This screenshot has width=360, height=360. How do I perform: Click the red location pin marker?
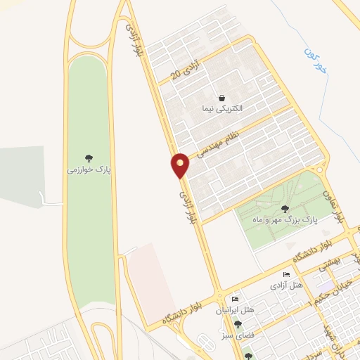[x=181, y=165]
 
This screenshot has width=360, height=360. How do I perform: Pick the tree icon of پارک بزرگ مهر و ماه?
[x=285, y=208]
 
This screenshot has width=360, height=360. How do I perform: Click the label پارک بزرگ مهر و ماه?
[x=285, y=219]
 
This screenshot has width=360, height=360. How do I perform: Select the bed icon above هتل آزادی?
[x=285, y=274]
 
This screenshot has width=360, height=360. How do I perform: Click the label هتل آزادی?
[x=285, y=285]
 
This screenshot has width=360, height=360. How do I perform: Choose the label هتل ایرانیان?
[x=237, y=310]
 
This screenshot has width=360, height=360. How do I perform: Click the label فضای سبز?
[x=238, y=335]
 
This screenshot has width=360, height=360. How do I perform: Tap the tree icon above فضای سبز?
[x=238, y=325]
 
